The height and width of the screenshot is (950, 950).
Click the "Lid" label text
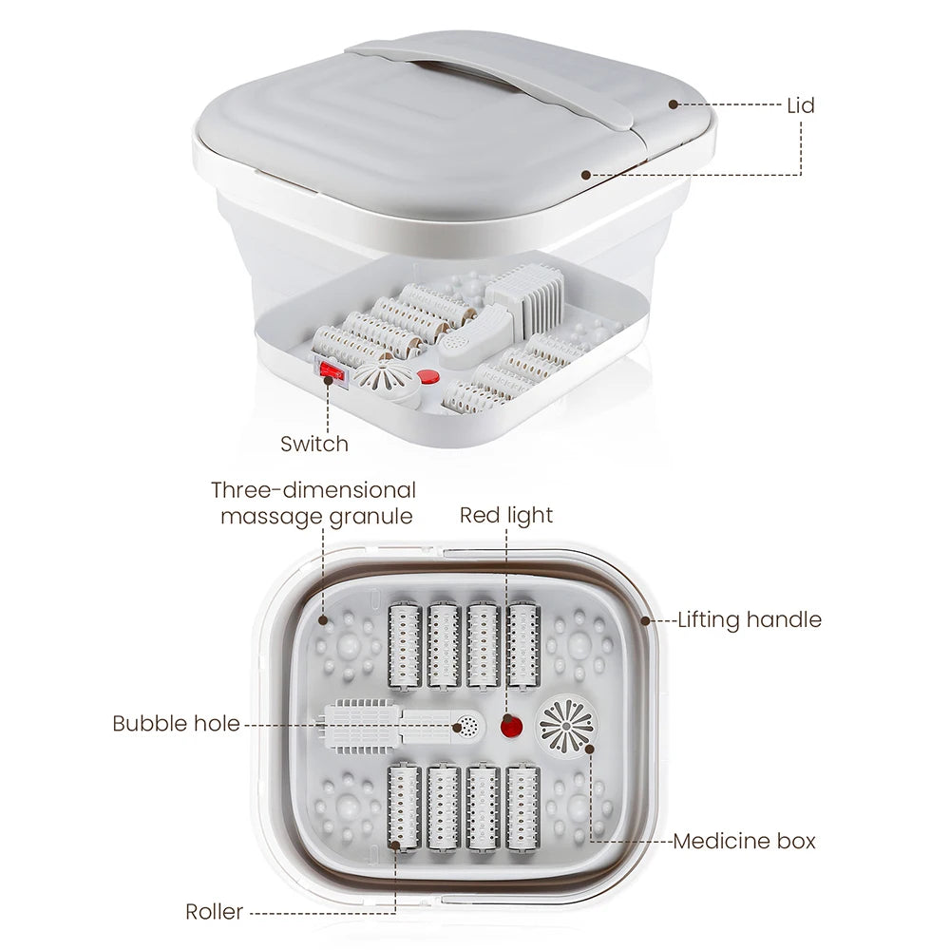(x=801, y=105)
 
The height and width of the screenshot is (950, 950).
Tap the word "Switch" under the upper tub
(x=314, y=444)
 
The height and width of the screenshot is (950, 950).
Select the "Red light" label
(x=506, y=515)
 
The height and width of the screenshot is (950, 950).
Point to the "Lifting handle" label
(x=750, y=620)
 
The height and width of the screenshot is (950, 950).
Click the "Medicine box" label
(x=745, y=841)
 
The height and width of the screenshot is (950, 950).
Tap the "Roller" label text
(x=214, y=913)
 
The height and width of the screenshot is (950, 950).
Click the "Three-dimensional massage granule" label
(x=314, y=503)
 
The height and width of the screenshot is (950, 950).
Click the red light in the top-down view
(x=512, y=729)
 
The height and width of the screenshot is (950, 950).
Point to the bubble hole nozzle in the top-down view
(x=467, y=727)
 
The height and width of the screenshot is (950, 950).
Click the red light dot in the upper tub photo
(x=429, y=377)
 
